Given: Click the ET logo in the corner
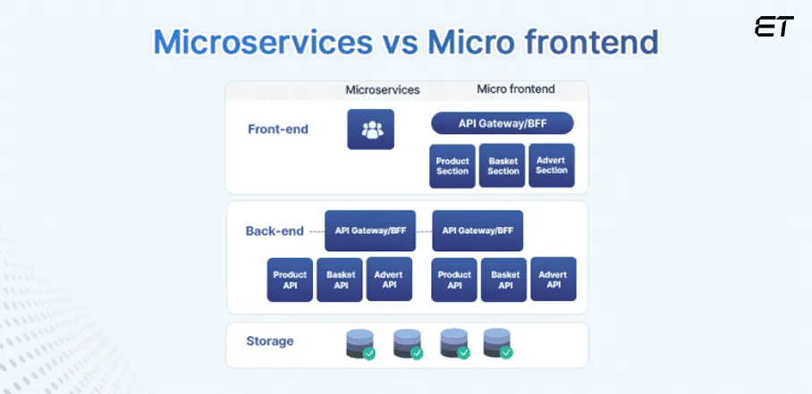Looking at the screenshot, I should (774, 27).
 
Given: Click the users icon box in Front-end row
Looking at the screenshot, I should (370, 130).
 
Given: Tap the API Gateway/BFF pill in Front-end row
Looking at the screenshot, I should (502, 123).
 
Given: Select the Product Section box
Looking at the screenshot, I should (452, 165).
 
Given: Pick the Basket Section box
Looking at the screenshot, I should (502, 165).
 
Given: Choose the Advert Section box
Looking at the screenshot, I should (551, 165).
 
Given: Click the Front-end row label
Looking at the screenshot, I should (278, 130).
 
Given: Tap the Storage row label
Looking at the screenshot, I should (269, 341).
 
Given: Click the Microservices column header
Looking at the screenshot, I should (383, 89).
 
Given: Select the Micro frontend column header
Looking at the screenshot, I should (516, 89).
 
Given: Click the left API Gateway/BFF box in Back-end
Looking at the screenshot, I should (370, 231).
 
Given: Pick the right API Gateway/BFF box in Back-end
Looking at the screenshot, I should (478, 231).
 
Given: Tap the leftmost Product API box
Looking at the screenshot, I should (290, 280).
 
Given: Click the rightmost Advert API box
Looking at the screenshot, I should (554, 279).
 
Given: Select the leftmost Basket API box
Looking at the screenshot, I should (340, 280).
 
